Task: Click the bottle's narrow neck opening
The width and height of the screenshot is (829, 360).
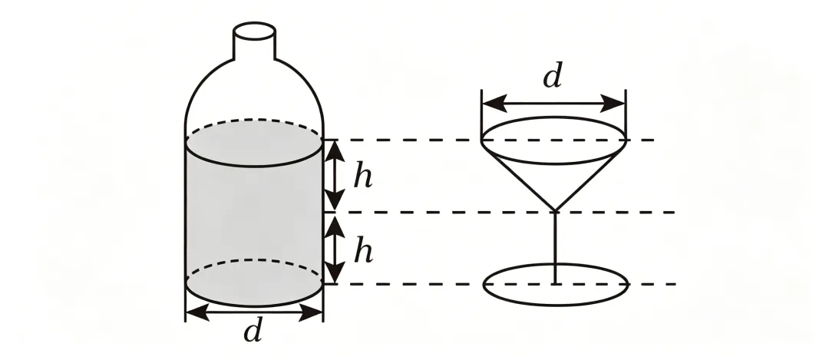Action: click(254, 30)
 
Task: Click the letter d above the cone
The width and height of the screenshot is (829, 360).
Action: click(553, 75)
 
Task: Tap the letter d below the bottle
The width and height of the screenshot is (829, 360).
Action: click(253, 331)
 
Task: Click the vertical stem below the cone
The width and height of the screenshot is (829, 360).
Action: click(555, 247)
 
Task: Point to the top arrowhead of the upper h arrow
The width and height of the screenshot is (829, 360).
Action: click(334, 151)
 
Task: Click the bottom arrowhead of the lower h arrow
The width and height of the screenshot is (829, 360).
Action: click(334, 272)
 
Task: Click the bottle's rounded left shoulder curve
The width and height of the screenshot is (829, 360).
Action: click(198, 88)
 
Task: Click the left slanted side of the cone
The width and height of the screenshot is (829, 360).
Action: click(518, 176)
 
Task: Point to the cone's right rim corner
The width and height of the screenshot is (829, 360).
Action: click(626, 140)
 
